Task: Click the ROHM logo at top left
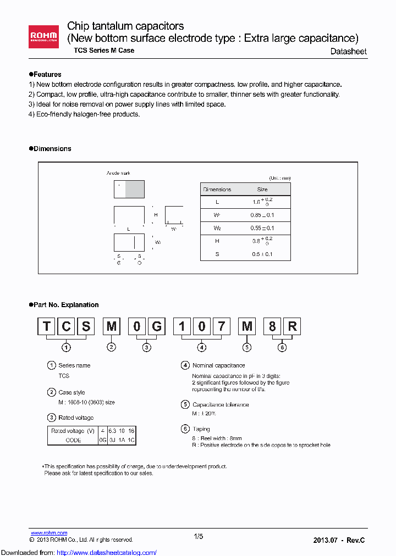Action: pos(45,37)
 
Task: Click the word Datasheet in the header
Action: pos(348,51)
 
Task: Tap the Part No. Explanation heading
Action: pos(64,305)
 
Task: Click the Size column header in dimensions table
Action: pos(262,190)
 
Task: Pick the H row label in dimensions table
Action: pos(217,241)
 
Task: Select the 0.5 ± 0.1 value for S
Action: pos(262,254)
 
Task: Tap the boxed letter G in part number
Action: pos(157,327)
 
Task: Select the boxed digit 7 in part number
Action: pos(221,327)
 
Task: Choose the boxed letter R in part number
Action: pos(292,327)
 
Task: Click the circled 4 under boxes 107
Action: pos(202,347)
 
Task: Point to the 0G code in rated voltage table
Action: pos(102,440)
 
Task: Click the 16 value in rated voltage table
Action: pos(131,431)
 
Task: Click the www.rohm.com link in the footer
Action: pos(48,533)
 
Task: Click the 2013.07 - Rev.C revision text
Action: pos(339,540)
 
